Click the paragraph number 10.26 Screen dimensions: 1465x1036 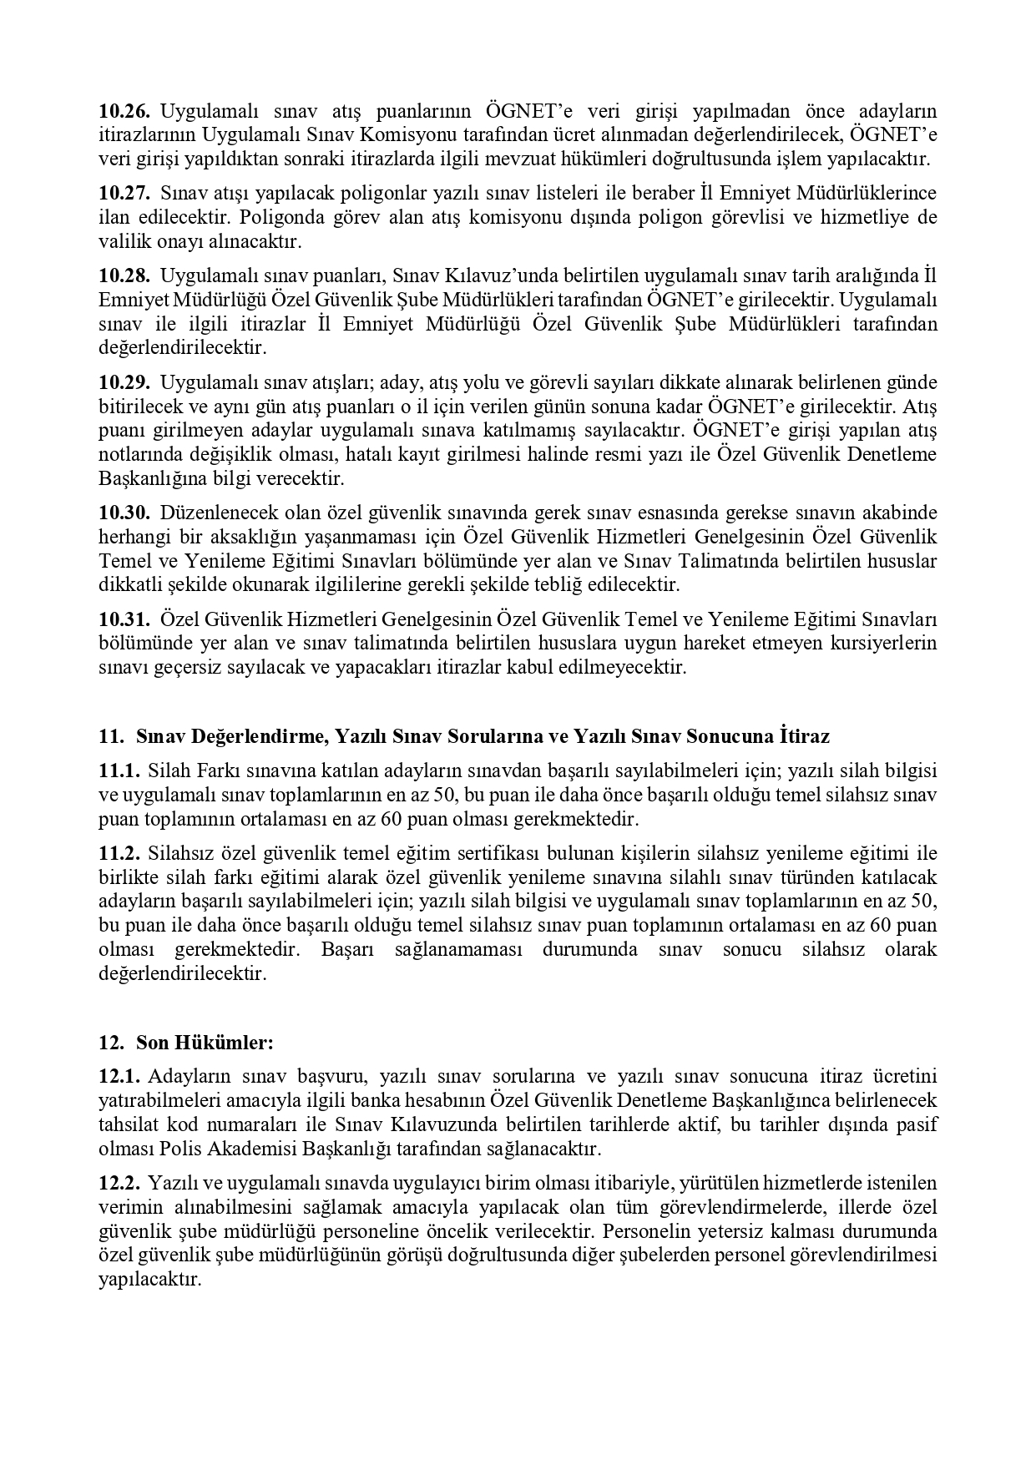pos(124,111)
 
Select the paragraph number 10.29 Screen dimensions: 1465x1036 pos(124,382)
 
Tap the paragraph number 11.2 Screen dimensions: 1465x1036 pos(120,853)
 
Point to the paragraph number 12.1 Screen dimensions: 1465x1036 pos(120,1076)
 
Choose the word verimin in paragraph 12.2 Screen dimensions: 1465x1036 pos(128,1207)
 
